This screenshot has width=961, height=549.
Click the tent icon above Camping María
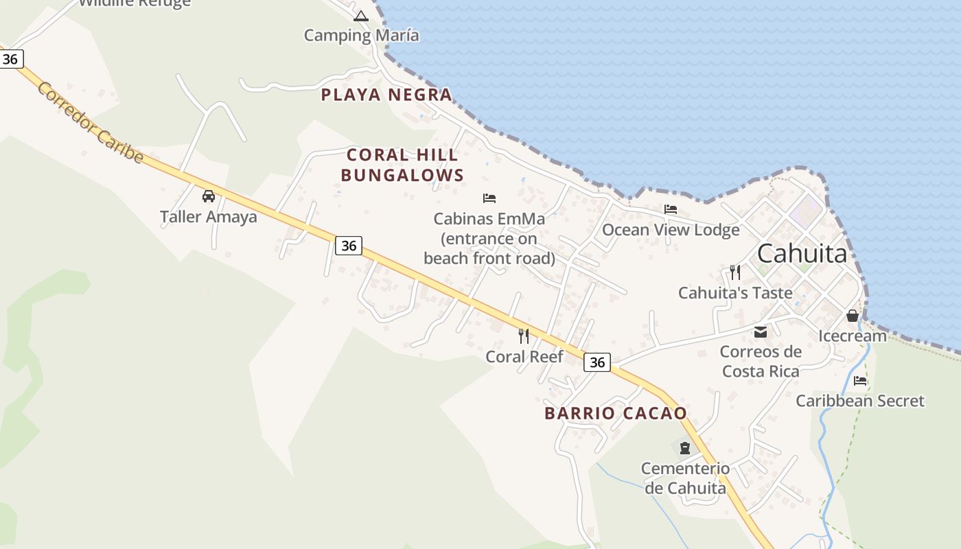(361, 16)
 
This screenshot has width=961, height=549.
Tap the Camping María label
(361, 35)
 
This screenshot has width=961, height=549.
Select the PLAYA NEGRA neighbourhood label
(387, 95)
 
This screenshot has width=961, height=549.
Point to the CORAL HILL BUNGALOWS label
(402, 165)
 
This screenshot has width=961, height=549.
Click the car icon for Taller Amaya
(209, 196)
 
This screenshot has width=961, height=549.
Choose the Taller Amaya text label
(209, 217)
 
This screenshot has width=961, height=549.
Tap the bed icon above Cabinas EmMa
(489, 198)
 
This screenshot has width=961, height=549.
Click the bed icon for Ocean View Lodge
(671, 209)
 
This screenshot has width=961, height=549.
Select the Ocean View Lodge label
(671, 230)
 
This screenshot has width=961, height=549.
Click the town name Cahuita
(802, 254)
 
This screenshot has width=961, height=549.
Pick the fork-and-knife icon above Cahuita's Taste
(735, 272)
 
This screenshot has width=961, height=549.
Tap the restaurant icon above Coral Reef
(524, 336)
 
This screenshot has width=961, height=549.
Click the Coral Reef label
(524, 357)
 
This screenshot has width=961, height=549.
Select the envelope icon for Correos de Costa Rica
(761, 332)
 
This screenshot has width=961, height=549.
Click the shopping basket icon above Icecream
(853, 316)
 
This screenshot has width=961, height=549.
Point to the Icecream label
(853, 336)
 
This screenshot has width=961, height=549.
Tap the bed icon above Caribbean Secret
(860, 380)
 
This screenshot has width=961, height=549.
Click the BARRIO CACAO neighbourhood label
(616, 413)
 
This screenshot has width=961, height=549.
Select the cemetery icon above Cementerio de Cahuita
(684, 448)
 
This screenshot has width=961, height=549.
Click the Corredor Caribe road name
(91, 123)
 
